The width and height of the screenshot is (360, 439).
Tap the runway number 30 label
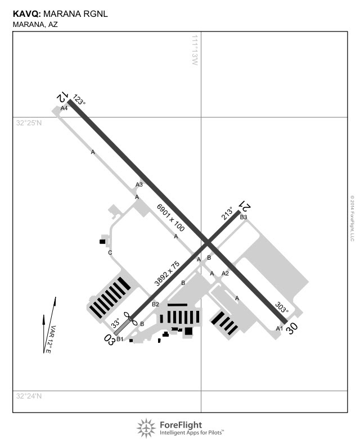coord(291,329)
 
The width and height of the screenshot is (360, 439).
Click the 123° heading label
coord(79,101)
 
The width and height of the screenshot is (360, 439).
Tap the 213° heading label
coord(227,214)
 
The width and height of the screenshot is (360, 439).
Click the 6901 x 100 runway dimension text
coord(171,218)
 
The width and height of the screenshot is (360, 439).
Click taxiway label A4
coord(64,108)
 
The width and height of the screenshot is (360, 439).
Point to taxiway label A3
coord(139,185)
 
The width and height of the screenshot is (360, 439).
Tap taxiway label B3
coord(244,217)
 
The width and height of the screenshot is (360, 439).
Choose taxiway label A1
coord(278,328)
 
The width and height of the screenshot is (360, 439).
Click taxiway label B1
coord(120,339)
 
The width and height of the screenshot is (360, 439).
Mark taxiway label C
coord(110,253)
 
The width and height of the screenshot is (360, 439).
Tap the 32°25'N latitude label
coord(29,123)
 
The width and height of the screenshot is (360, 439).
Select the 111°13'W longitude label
coord(195,51)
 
